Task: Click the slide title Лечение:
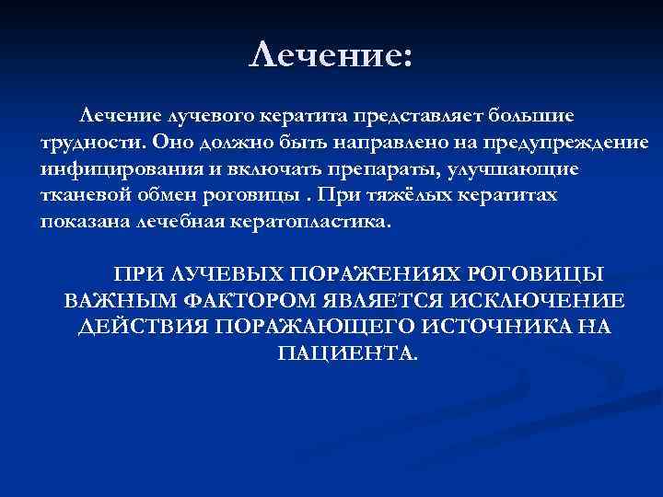pos(332,54)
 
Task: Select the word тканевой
pos(80,197)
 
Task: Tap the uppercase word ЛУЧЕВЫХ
pos(215,276)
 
